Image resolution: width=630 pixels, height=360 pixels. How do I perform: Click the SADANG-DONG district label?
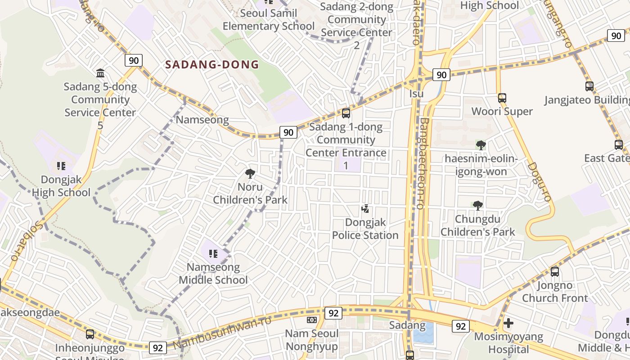point(212,64)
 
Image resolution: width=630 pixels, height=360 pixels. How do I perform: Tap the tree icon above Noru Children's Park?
point(250,173)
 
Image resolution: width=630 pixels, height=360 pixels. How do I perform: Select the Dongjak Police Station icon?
point(365,209)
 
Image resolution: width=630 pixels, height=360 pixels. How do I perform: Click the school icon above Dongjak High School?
point(61,166)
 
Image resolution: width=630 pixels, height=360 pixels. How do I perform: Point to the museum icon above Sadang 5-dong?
point(100,73)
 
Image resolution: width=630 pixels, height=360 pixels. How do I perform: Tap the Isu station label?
point(417,94)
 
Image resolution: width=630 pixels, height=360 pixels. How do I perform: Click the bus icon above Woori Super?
point(502,98)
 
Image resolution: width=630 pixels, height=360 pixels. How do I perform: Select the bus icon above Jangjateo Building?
point(589,86)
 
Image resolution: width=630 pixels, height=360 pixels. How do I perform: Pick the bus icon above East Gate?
point(619,145)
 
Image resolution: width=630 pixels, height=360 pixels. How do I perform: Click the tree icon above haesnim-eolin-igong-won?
point(481,145)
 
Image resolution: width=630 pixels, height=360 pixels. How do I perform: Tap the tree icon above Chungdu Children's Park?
point(478,206)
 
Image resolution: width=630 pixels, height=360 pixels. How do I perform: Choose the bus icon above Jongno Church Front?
point(555,272)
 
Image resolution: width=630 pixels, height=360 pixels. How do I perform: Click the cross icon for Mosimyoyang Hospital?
point(508,323)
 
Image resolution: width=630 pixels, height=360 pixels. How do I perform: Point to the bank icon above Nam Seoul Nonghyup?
point(312,320)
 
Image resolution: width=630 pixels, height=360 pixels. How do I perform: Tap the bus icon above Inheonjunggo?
point(90,334)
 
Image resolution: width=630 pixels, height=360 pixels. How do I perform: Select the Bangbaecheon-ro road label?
point(423,163)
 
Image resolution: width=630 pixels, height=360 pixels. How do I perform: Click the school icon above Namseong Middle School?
point(213,254)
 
